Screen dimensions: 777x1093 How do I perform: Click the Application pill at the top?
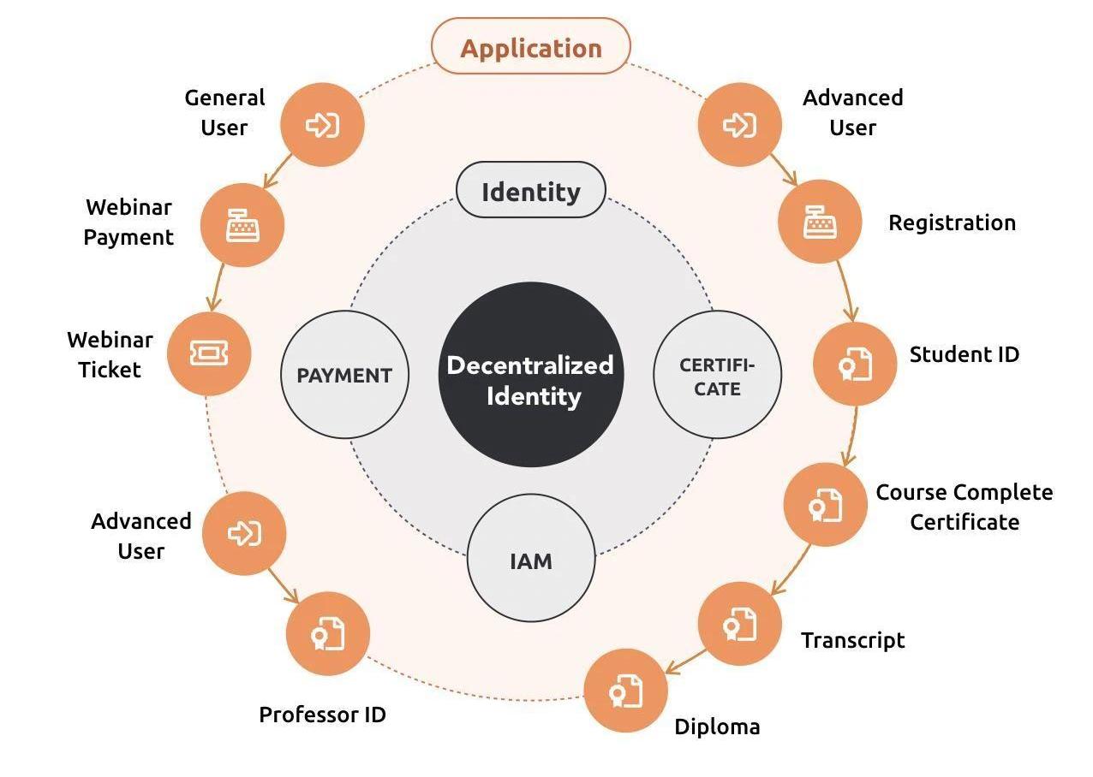tap(530, 47)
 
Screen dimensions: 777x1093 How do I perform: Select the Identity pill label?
tap(530, 191)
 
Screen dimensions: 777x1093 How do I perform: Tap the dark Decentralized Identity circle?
tap(530, 376)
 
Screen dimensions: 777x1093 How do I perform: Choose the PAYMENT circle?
tap(344, 375)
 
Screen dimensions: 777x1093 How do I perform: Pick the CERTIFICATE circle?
tap(717, 376)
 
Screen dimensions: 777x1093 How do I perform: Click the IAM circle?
tap(531, 561)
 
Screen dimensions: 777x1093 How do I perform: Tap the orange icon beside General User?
tap(322, 125)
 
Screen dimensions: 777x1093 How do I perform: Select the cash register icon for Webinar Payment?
tap(242, 225)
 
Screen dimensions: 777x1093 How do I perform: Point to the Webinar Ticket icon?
tap(208, 353)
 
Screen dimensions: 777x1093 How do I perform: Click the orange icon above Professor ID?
tap(327, 633)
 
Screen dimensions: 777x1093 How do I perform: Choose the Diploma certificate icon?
tap(625, 691)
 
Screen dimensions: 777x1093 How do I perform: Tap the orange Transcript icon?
tap(739, 623)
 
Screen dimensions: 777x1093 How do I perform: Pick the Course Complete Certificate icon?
tap(826, 504)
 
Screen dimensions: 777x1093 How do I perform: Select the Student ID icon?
tap(855, 363)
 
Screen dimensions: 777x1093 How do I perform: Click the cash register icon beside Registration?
tap(820, 222)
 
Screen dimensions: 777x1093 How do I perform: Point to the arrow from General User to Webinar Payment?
tap(277, 172)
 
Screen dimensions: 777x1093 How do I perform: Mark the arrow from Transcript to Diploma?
tap(686, 661)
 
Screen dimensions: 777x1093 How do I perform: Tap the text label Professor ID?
tap(322, 714)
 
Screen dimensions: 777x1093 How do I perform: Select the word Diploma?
tap(717, 727)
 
